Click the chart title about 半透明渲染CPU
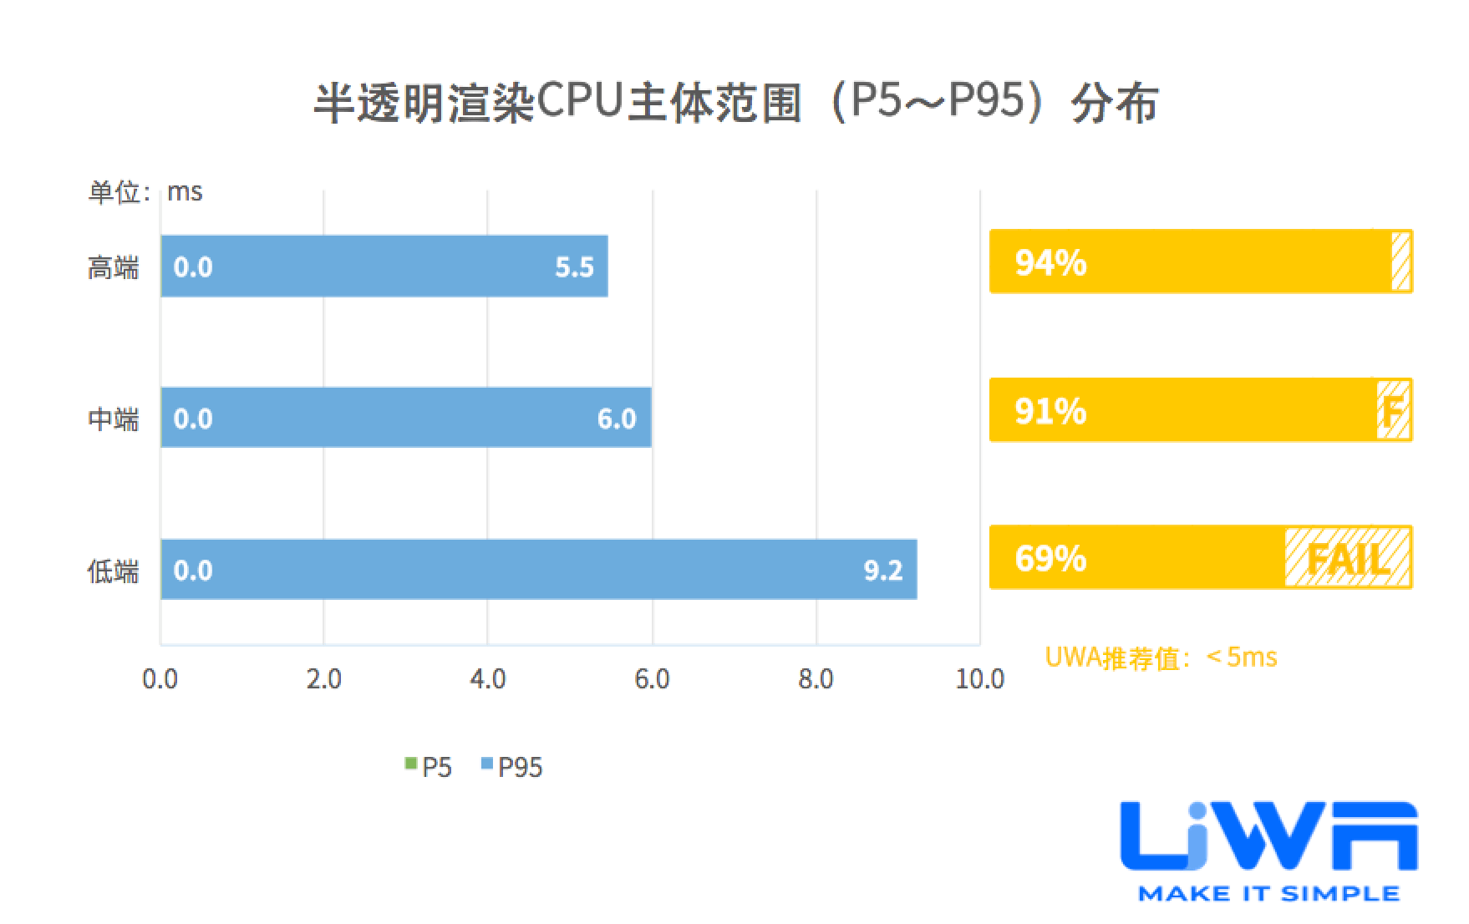(x=735, y=104)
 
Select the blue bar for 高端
(x=384, y=267)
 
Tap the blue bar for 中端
(x=405, y=418)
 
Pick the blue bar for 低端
(x=538, y=570)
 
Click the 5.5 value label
(x=574, y=267)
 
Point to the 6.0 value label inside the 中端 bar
(x=617, y=419)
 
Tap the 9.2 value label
(x=882, y=571)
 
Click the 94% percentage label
(x=1050, y=263)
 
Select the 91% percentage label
(x=1050, y=411)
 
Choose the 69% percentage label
(x=1050, y=558)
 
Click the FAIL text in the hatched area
(x=1347, y=558)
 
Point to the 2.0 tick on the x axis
(x=323, y=679)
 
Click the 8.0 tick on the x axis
(x=816, y=679)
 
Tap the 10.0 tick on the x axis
(x=979, y=679)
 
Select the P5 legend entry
(x=429, y=767)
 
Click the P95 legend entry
(x=512, y=767)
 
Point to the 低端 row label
(x=113, y=571)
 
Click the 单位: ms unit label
(x=145, y=192)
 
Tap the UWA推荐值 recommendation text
(x=1161, y=657)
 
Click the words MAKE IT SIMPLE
(x=1268, y=894)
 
